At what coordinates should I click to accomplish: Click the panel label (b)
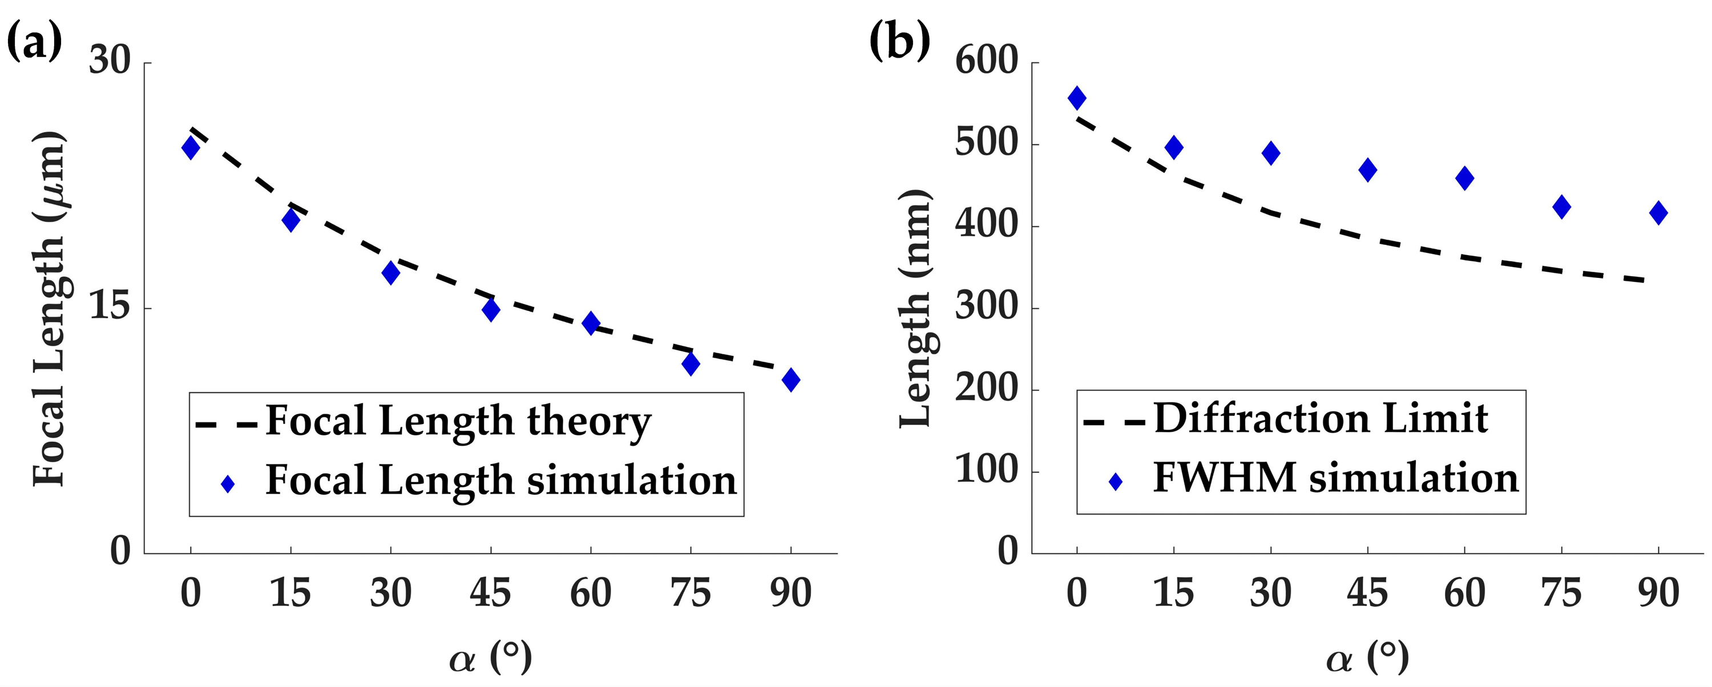(900, 41)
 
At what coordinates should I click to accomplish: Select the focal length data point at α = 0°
(191, 147)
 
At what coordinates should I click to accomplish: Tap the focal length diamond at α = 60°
(591, 324)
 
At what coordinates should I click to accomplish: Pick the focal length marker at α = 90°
(791, 380)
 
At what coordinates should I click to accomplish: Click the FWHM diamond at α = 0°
(1077, 98)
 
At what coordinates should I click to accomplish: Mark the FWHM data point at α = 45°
(1368, 170)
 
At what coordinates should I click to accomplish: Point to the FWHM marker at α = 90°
(1658, 213)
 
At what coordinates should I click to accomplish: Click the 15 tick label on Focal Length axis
(109, 307)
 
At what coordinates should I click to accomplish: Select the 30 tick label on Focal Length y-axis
(109, 61)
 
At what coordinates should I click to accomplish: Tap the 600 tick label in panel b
(986, 61)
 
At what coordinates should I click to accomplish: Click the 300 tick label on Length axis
(986, 307)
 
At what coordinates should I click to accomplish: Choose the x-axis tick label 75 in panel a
(691, 593)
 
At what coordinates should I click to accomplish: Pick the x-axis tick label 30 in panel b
(1270, 593)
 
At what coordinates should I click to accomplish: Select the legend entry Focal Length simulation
(501, 480)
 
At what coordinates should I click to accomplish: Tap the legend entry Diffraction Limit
(1321, 419)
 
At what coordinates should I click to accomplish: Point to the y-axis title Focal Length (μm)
(49, 309)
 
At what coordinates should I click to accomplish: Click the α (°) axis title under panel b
(1367, 658)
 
